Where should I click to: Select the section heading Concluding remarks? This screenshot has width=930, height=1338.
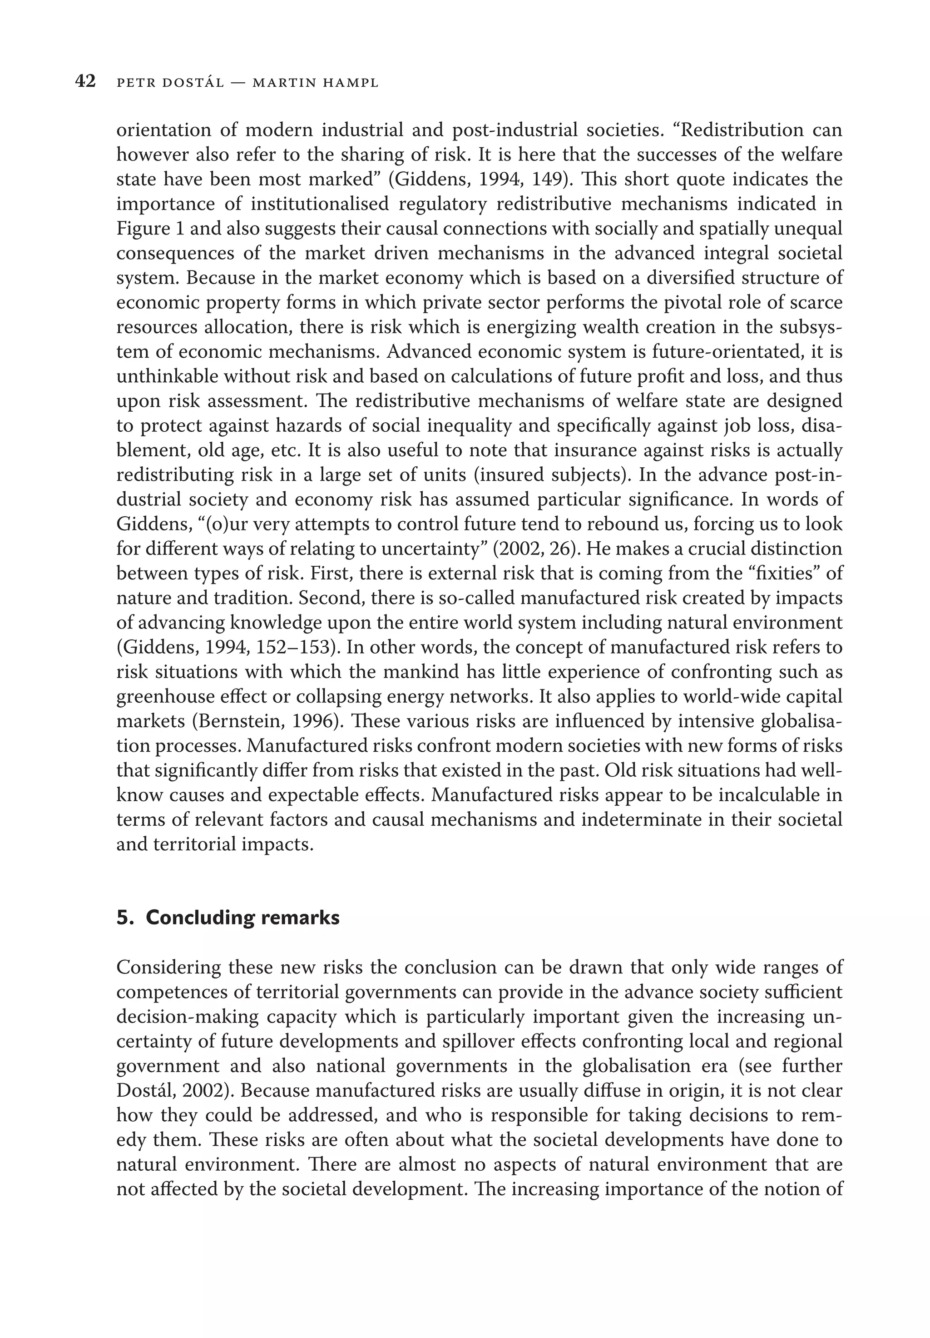pos(242,917)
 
